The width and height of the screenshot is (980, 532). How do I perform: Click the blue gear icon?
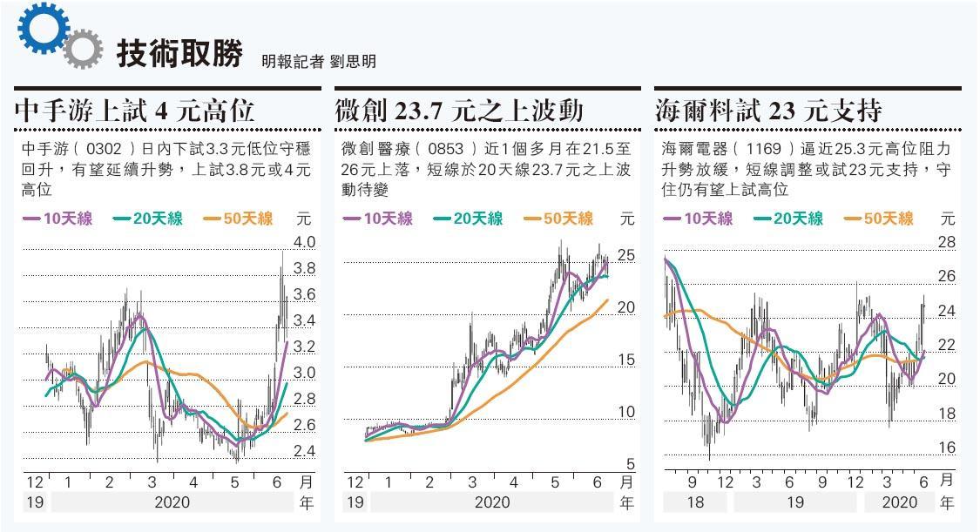click(40, 29)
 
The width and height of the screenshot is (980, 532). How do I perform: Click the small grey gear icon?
click(80, 49)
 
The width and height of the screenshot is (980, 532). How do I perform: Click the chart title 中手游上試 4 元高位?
click(135, 111)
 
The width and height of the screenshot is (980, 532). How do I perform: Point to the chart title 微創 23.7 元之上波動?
click(459, 111)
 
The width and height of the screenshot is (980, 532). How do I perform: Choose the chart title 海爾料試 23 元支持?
click(769, 111)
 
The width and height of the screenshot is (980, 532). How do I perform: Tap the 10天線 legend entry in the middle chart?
click(378, 219)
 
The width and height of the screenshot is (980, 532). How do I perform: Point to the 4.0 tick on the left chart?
click(305, 242)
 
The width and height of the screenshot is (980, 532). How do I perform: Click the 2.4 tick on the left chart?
click(305, 451)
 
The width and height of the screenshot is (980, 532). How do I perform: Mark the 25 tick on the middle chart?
click(626, 256)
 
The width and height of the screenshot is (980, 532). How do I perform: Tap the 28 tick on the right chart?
click(946, 242)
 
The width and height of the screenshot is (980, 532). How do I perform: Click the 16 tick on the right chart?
click(946, 448)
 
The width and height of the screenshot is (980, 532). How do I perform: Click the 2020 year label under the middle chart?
click(492, 502)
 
